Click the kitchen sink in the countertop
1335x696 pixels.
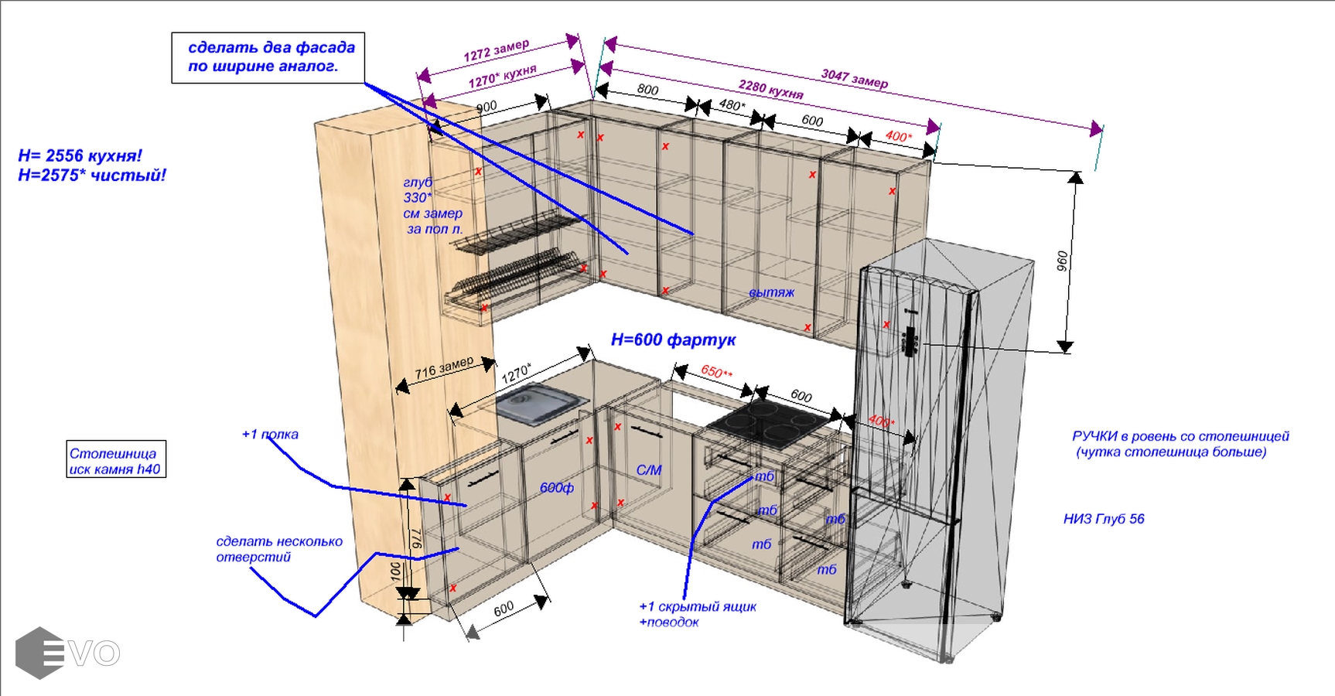(x=538, y=405)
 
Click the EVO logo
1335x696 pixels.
(x=67, y=653)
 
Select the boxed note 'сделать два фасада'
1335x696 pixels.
(x=268, y=57)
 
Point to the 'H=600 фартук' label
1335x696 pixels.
(x=673, y=339)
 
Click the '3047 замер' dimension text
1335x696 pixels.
(x=854, y=78)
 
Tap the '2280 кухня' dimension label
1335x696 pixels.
(x=770, y=90)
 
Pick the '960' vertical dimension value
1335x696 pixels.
(x=1062, y=261)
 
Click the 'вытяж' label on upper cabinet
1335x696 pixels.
(x=771, y=292)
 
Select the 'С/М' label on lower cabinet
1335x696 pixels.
(x=649, y=469)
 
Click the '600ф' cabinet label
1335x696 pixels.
(x=556, y=487)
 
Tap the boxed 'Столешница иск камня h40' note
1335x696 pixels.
(x=116, y=460)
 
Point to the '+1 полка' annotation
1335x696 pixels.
(x=270, y=435)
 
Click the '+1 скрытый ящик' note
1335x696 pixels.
(x=697, y=606)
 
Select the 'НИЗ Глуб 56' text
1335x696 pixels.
(x=1104, y=519)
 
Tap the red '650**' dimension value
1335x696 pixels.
(x=716, y=372)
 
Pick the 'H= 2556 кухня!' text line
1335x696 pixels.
(x=80, y=155)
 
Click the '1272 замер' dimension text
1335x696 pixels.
(x=496, y=50)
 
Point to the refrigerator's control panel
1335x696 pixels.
(x=910, y=340)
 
